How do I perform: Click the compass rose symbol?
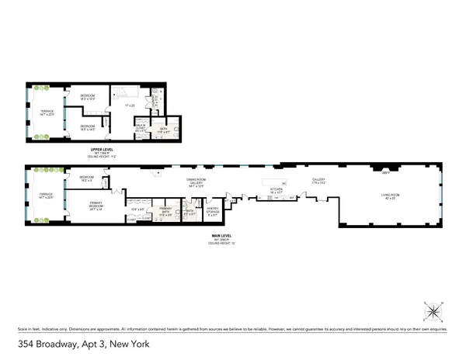[x=433, y=312]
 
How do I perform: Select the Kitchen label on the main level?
[x=276, y=188]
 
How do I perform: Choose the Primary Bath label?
[x=165, y=212]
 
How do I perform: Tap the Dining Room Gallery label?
[x=196, y=183]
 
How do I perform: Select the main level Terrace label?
[x=47, y=196]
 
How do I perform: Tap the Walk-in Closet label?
[x=140, y=127]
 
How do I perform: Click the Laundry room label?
[x=155, y=100]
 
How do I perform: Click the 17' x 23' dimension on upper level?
[x=130, y=106]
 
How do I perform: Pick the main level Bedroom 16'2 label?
[x=86, y=178]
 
